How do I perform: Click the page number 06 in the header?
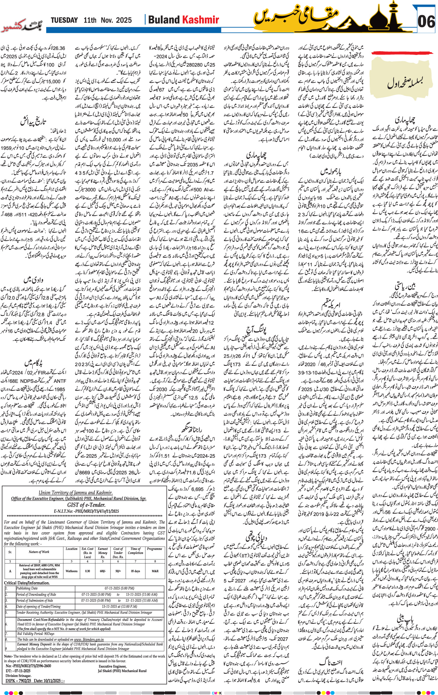pyautogui.click(x=426, y=21)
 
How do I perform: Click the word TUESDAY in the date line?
pyautogui.click(x=64, y=20)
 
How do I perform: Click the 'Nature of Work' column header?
pyautogui.click(x=39, y=552)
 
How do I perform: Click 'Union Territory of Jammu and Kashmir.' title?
pyautogui.click(x=75, y=493)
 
